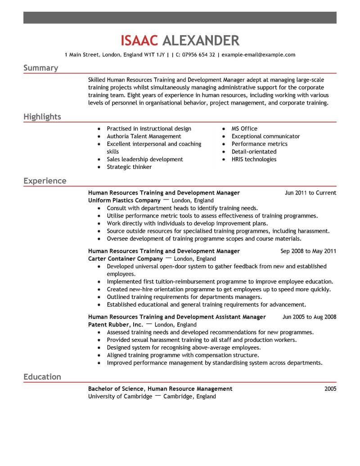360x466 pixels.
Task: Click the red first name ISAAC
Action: point(139,41)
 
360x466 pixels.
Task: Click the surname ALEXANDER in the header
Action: point(200,41)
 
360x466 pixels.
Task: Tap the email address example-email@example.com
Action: point(258,55)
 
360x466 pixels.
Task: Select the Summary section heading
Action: point(40,68)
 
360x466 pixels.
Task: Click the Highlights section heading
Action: point(42,117)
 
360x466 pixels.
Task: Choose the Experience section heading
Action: point(45,181)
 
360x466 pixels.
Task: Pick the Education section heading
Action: point(42,377)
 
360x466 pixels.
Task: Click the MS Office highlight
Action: point(244,129)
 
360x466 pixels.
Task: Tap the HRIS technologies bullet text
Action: point(254,159)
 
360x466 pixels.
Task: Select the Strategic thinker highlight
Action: point(129,167)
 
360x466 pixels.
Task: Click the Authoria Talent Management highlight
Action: point(144,136)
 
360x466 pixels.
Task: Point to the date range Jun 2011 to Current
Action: point(310,193)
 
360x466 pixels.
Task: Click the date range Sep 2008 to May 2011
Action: point(308,251)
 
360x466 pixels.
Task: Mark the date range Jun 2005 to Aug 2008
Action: point(309,317)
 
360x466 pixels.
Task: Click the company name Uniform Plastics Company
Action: point(124,200)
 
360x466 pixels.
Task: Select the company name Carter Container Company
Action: point(125,259)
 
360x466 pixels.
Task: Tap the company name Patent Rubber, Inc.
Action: point(116,325)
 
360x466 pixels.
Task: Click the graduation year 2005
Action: point(330,389)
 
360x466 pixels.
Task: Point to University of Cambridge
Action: point(120,397)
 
